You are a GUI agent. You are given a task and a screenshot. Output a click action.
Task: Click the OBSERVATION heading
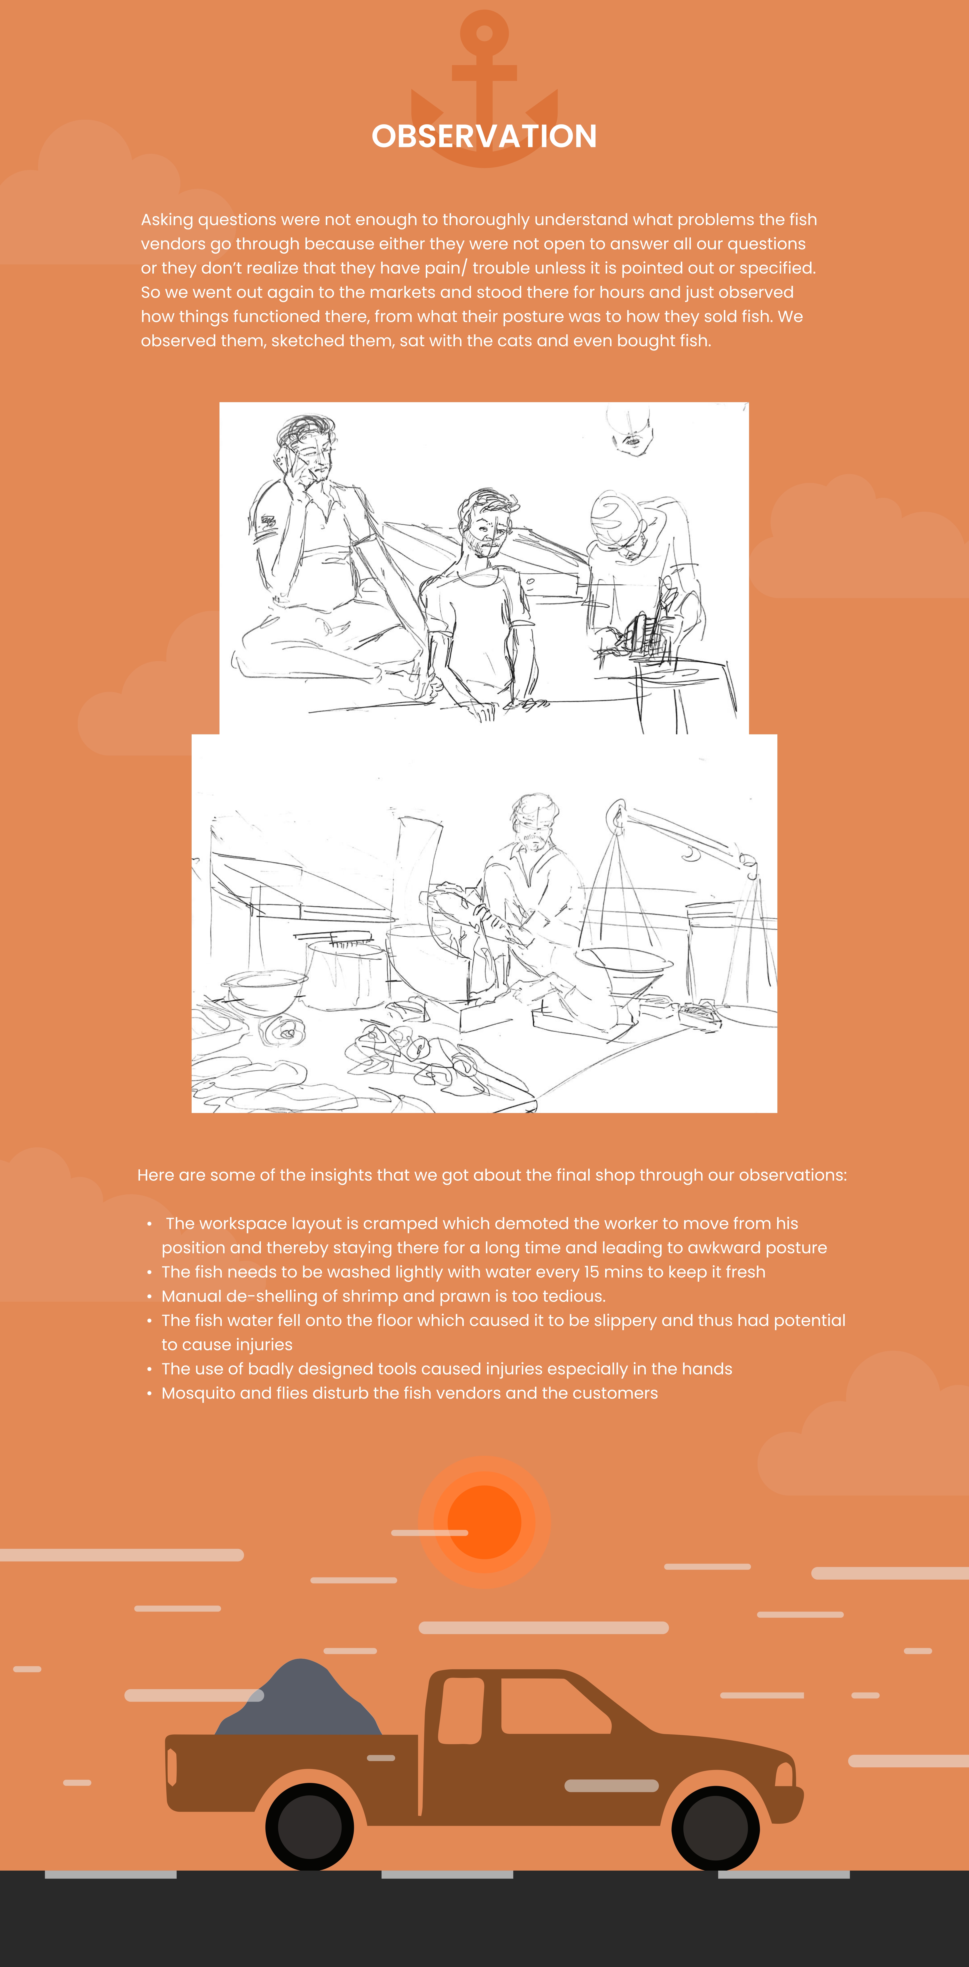[x=484, y=137]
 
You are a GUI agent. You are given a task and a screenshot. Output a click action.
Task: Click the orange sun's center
[x=484, y=1522]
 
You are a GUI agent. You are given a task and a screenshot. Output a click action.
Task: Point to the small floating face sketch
[x=630, y=431]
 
